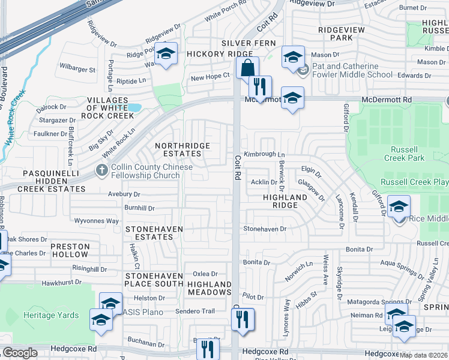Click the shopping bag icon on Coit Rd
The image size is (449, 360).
click(247, 68)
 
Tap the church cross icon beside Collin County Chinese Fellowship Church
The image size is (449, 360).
click(101, 171)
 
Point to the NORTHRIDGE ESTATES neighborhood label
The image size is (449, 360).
click(182, 149)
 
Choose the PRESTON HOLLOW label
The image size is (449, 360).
click(70, 250)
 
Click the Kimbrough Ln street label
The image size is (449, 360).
click(264, 155)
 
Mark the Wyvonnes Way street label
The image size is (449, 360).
click(96, 221)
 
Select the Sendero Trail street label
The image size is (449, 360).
click(194, 311)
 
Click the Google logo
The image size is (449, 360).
click(20, 353)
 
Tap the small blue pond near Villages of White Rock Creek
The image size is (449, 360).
click(134, 108)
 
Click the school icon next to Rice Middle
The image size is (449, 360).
click(399, 207)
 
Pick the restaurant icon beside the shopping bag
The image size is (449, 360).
click(260, 86)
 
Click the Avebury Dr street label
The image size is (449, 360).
click(124, 194)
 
